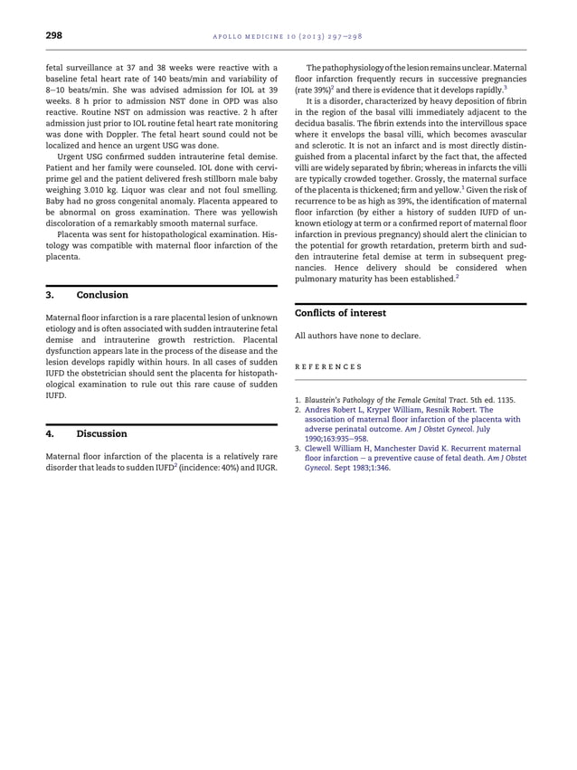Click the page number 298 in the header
tap(53, 35)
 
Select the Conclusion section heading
tap(102, 295)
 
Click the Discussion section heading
tap(101, 433)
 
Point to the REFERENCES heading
tap(328, 366)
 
